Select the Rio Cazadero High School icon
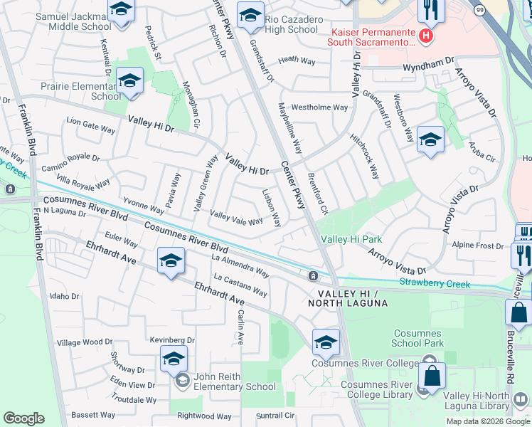click(250, 17)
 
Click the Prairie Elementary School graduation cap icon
click(129, 82)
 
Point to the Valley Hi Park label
click(351, 239)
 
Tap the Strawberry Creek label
click(435, 284)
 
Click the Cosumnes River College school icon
click(326, 344)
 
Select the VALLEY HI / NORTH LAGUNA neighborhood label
click(348, 298)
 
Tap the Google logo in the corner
click(23, 418)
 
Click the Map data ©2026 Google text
click(487, 421)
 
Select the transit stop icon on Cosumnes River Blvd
click(313, 275)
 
